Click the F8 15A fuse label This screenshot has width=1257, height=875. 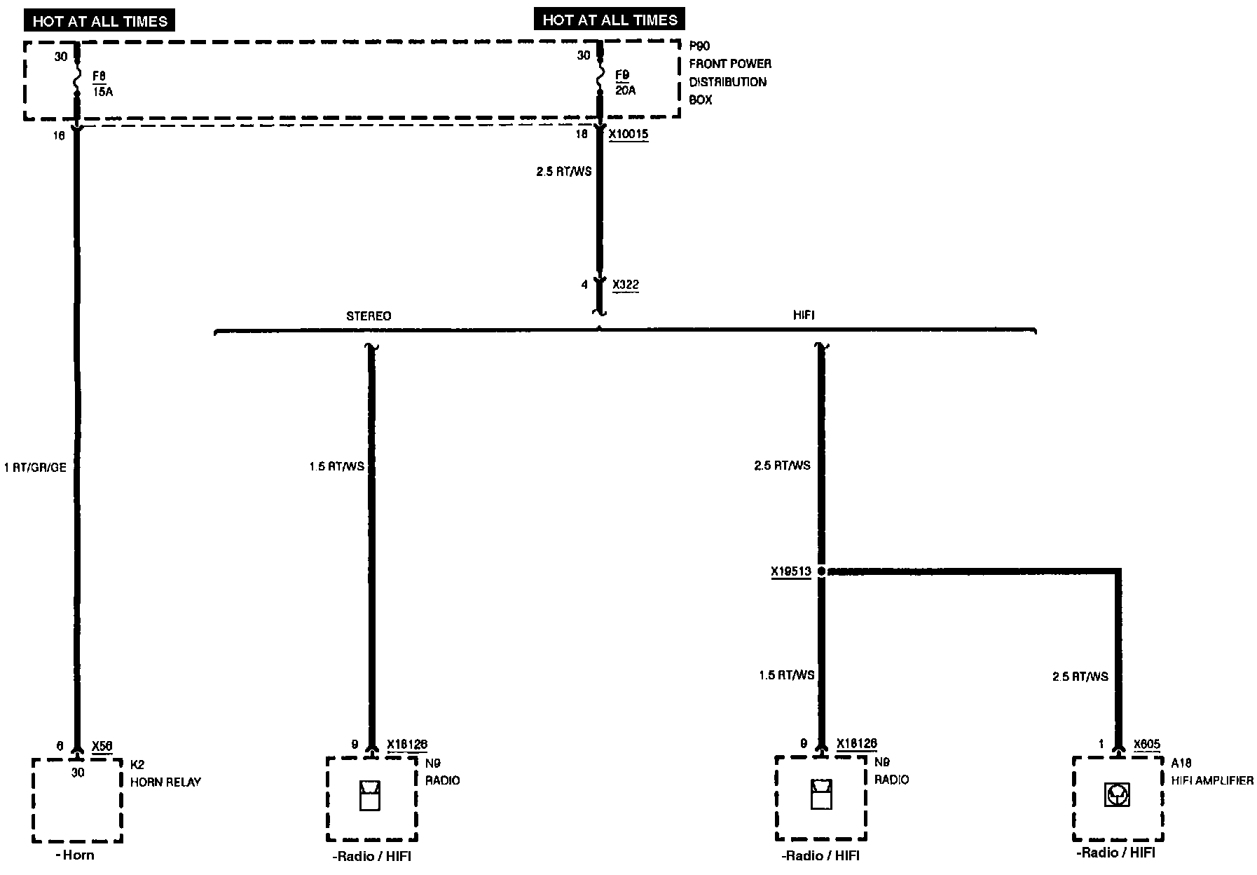click(102, 83)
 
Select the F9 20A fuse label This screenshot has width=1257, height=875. click(625, 82)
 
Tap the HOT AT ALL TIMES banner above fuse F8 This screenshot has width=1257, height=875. click(99, 21)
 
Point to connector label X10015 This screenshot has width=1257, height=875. click(628, 134)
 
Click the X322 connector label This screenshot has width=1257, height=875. click(625, 285)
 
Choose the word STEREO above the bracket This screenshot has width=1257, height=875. click(369, 316)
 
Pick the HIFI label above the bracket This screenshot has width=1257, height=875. click(804, 316)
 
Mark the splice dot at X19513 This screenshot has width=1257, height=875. click(822, 571)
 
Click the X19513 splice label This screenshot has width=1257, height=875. click(791, 572)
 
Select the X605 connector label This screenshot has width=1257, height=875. click(1147, 745)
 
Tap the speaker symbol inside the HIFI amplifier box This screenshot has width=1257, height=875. click(1117, 795)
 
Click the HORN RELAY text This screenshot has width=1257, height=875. click(165, 782)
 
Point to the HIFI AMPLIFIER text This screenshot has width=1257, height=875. click(1212, 780)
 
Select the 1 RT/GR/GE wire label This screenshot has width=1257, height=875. click(35, 468)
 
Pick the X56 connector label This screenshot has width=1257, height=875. click(102, 747)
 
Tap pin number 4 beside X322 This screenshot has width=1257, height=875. click(584, 285)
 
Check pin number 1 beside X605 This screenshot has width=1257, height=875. click(1101, 745)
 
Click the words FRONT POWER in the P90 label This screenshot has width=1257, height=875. click(730, 64)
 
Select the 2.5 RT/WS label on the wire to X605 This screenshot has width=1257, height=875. click(1080, 677)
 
